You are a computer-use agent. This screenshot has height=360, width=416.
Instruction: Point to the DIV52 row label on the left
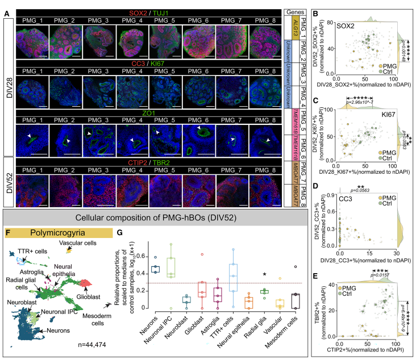point(7,179)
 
